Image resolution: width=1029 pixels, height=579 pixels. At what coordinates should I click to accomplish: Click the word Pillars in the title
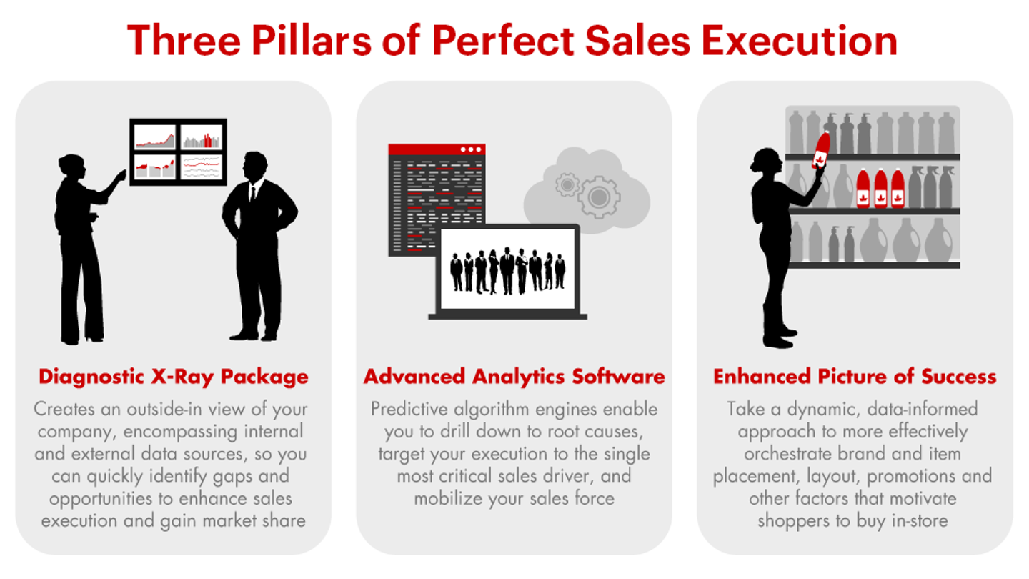pos(317,41)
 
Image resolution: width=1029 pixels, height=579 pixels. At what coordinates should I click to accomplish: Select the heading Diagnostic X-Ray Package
pos(174,377)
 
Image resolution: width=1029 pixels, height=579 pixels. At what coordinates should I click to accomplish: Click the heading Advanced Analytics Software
pos(514,377)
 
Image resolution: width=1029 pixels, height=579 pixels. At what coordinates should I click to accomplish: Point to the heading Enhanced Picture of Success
pos(855,377)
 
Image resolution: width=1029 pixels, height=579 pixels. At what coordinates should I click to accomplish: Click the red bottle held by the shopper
pos(822,150)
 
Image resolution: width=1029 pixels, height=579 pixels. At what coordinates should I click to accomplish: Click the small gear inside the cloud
pos(567,185)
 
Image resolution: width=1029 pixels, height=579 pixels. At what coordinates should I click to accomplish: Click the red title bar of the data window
pos(436,149)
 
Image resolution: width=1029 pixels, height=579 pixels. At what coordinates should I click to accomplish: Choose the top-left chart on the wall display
pos(155,137)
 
